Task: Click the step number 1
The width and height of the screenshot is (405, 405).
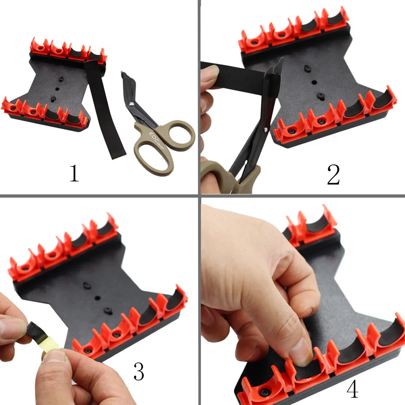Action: point(74,173)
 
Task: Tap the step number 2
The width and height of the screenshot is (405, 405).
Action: point(333,175)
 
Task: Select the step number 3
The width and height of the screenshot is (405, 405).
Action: point(139,371)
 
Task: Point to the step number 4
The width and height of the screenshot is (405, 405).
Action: point(353,389)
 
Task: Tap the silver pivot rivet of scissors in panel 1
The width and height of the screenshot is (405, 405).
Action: point(132,104)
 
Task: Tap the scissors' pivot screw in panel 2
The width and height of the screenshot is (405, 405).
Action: point(266,130)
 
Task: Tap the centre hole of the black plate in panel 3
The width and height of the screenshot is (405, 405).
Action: point(97,298)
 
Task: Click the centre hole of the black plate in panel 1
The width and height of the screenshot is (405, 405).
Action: point(58,89)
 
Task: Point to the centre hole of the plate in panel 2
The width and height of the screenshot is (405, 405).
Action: point(314,82)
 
